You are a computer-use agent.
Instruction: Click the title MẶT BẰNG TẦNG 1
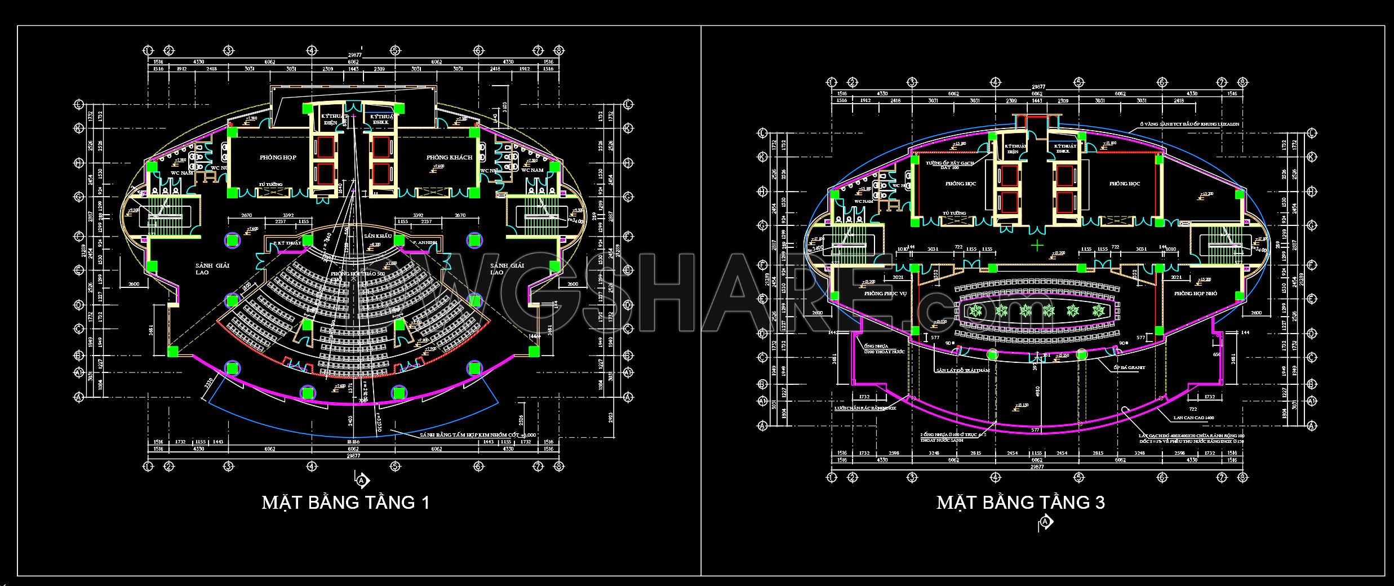(x=345, y=502)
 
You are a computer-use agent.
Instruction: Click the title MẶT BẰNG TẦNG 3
(x=1020, y=502)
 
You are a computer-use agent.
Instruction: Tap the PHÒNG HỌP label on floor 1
(x=278, y=158)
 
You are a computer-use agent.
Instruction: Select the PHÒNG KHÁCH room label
(x=449, y=158)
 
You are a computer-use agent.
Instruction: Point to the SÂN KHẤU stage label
(x=378, y=236)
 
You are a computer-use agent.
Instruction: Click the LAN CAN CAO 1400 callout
(x=1186, y=418)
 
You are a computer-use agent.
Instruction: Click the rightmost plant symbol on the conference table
(x=1097, y=310)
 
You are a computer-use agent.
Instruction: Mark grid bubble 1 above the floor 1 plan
(x=148, y=50)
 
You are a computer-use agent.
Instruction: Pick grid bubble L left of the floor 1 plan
(x=78, y=104)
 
